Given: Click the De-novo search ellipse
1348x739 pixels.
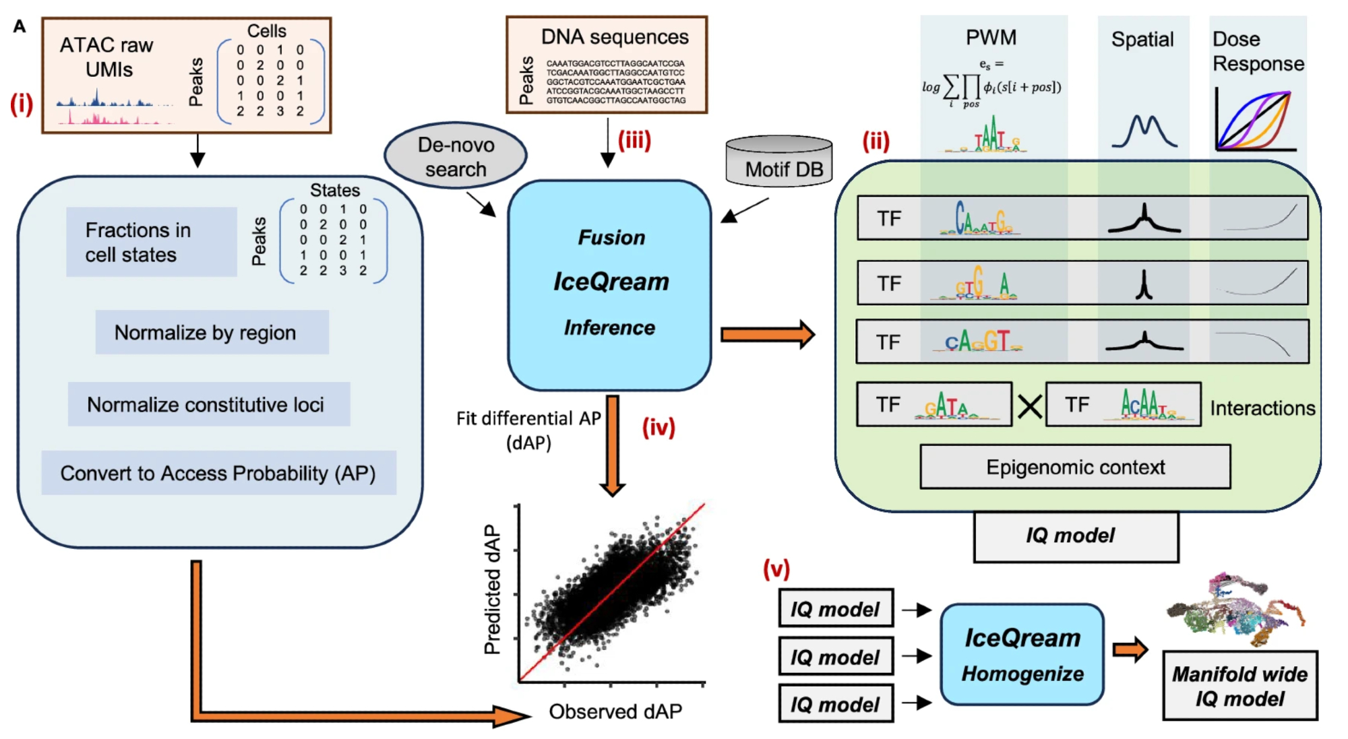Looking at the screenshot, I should pos(456,156).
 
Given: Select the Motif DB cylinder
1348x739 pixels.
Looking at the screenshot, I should pos(779,162).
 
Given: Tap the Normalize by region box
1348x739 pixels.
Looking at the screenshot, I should pos(212,332).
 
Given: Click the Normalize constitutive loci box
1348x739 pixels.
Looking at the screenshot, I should pos(208,404).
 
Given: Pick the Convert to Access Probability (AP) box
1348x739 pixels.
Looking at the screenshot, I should pos(218,473).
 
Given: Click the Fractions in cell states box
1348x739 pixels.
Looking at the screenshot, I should pos(151,242).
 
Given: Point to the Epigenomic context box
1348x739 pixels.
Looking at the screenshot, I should pos(1075,467).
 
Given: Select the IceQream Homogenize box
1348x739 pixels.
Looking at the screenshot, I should pos(1022,655).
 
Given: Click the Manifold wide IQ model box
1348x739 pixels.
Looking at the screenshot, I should pos(1239,686).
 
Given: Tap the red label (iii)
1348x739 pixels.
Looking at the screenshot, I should pos(634,140).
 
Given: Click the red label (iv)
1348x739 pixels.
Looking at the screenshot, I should pos(658,427).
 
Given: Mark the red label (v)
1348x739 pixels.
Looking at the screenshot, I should pos(776,569).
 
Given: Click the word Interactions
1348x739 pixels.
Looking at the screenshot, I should pos(1262,408).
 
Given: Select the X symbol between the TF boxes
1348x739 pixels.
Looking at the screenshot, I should pos(1029,406).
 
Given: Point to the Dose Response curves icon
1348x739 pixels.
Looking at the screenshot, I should pos(1255,120).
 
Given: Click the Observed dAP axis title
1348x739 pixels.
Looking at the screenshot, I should pos(615,711).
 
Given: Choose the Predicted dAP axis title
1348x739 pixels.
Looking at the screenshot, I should pos(493,589).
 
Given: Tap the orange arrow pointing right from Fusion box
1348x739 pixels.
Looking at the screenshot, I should pos(767,335).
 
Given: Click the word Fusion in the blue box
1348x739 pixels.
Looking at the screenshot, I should pos(611,237).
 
